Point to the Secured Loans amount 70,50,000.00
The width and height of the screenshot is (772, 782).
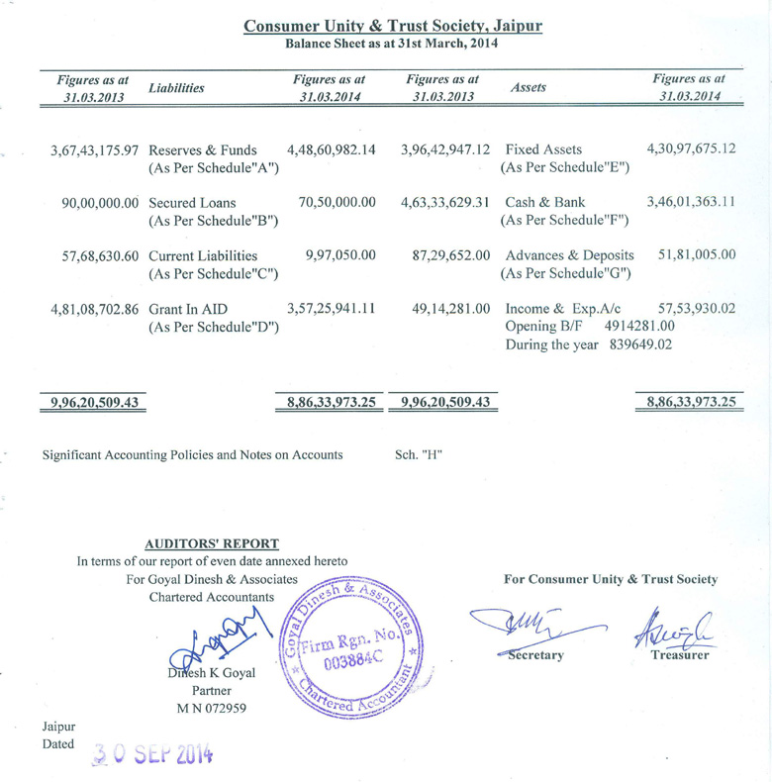pyautogui.click(x=337, y=203)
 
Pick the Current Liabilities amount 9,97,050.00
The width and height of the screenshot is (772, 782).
pyautogui.click(x=340, y=255)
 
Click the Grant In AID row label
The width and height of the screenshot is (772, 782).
pyautogui.click(x=185, y=309)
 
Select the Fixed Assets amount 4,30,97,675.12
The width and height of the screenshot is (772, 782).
pyautogui.click(x=691, y=148)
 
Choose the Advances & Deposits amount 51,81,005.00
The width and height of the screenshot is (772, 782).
pyautogui.click(x=696, y=255)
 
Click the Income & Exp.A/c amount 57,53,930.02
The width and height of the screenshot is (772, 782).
pyautogui.click(x=691, y=309)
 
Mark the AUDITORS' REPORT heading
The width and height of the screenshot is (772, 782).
pyautogui.click(x=212, y=543)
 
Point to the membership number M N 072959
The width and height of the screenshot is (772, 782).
pyautogui.click(x=212, y=709)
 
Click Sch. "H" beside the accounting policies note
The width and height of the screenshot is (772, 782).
pyautogui.click(x=419, y=454)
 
